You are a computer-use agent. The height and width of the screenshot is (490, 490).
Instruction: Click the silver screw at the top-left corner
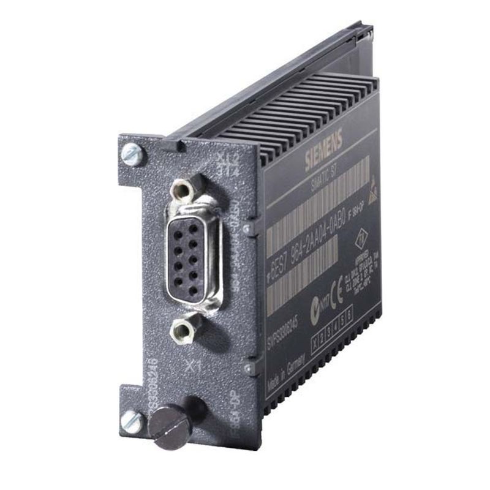tap(131, 155)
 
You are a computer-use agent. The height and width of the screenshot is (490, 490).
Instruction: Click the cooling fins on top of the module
tap(306, 116)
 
